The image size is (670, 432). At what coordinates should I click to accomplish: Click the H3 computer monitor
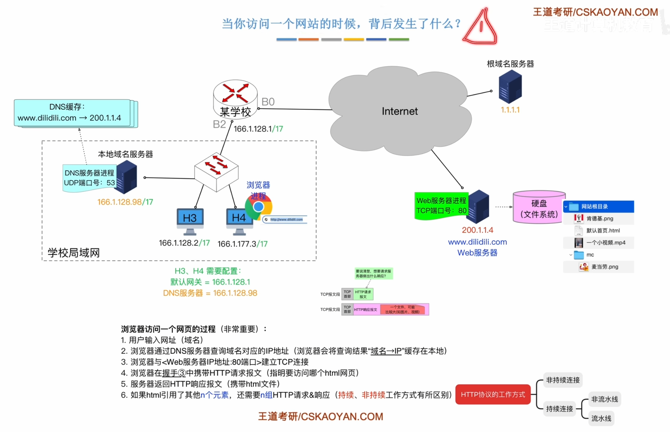190,219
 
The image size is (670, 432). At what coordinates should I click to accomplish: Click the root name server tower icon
510,87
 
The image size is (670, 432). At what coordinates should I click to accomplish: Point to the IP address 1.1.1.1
510,110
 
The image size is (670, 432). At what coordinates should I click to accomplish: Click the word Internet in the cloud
399,111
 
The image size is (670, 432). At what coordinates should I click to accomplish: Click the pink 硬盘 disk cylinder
539,207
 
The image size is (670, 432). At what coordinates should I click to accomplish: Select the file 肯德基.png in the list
599,219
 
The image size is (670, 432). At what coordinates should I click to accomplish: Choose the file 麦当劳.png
604,267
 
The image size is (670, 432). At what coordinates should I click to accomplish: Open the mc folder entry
590,255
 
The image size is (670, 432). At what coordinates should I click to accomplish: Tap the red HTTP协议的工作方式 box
493,394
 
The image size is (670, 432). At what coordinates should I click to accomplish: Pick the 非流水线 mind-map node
604,399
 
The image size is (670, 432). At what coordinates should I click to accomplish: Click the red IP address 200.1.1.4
477,230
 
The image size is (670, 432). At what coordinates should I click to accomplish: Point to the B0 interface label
268,102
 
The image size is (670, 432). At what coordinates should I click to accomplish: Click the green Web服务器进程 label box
441,206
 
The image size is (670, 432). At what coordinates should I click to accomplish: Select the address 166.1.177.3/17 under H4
242,244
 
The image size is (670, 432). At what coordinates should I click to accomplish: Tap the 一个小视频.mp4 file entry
606,243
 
